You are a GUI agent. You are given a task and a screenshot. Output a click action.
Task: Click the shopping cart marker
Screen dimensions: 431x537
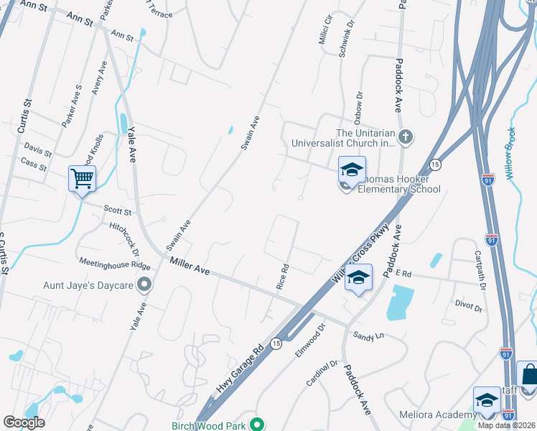[x=82, y=177]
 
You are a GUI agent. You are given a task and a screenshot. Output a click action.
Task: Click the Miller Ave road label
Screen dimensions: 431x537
[x=190, y=270]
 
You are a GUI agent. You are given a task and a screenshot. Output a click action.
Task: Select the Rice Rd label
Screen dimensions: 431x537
[x=283, y=277]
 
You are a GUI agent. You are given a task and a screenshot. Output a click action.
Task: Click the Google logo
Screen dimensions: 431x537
[x=24, y=422]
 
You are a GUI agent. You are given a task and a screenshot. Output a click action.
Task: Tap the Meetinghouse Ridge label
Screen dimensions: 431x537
[x=110, y=263]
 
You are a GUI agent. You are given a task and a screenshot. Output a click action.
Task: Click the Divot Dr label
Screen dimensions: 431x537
[x=468, y=307]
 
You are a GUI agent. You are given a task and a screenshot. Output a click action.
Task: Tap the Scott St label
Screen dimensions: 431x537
[x=118, y=212]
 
